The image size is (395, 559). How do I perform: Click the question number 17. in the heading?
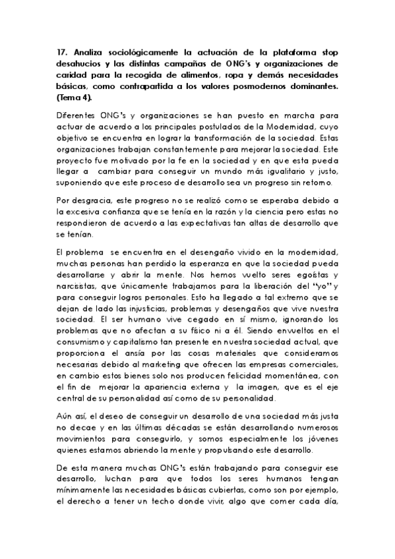62,51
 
